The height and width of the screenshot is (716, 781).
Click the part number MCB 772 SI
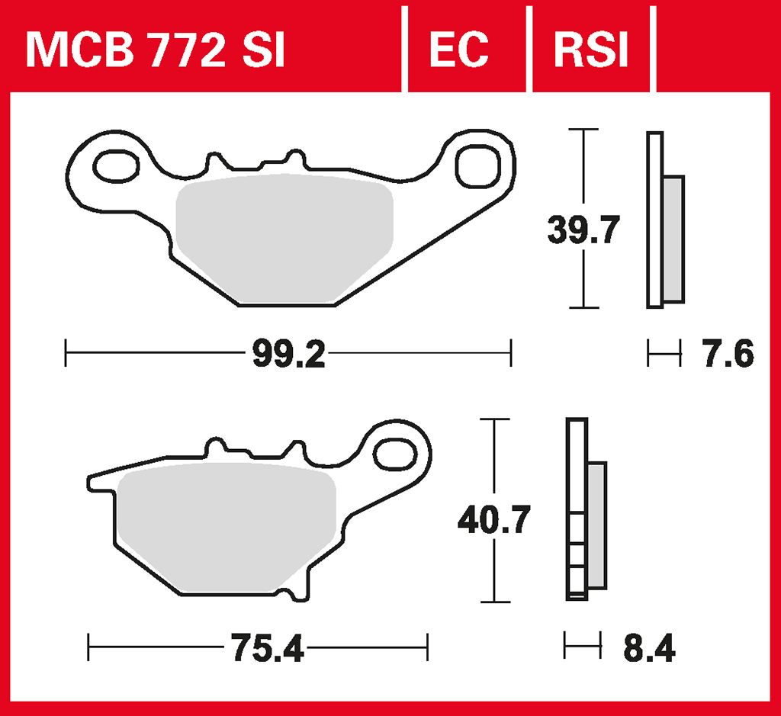pos(155,50)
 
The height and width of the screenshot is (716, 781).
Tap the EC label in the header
pos(458,50)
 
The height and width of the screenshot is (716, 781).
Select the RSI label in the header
pos(590,50)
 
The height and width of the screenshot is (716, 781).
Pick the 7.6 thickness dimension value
pos(727,355)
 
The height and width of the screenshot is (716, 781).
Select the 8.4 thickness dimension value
pos(648,650)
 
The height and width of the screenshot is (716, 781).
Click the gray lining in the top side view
pos(673,239)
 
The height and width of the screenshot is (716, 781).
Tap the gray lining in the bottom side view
pos(597,526)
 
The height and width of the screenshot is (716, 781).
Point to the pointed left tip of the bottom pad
pos(91,482)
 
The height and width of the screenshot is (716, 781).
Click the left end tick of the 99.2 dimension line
pos(66,354)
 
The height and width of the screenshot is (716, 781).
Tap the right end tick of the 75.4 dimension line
pos(428,650)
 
